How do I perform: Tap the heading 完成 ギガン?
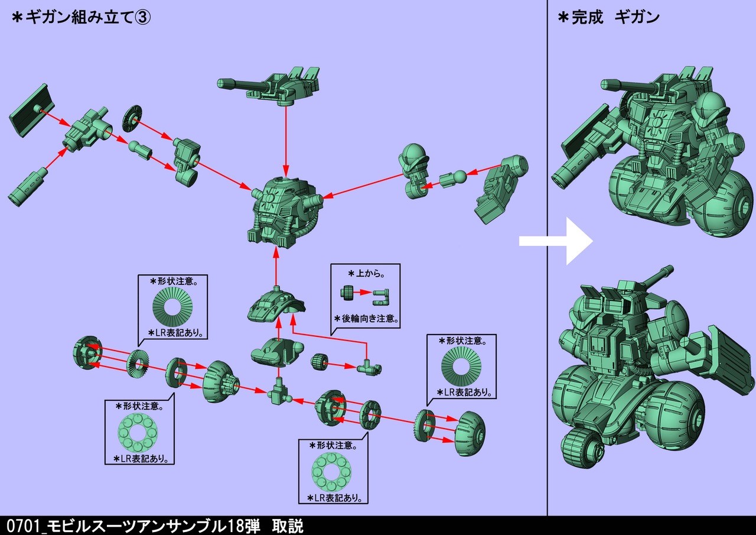click(608, 17)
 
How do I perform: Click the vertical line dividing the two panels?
click(548, 266)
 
